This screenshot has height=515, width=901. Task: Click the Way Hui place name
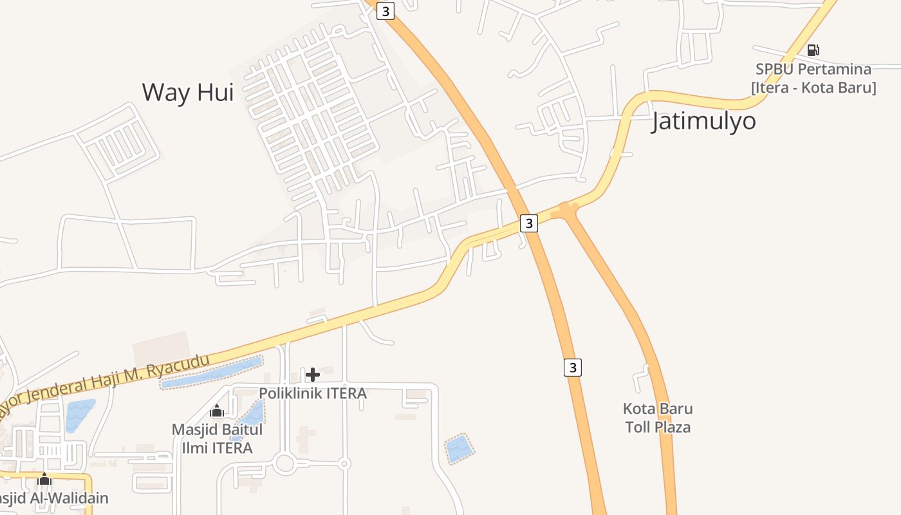coord(187,92)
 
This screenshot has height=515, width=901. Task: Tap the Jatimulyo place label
coord(703,120)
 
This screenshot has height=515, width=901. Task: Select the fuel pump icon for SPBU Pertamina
coord(813,50)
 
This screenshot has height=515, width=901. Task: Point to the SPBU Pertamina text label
coord(813,69)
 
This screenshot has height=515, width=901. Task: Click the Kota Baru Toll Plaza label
coord(658,418)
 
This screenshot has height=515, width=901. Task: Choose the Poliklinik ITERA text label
coord(313,393)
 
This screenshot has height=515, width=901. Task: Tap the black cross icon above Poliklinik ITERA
coord(313,375)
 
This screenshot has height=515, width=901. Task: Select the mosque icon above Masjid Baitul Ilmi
coord(217,411)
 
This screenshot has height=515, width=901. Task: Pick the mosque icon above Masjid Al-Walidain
coord(44,479)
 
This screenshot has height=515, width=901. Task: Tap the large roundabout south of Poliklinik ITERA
coord(284,462)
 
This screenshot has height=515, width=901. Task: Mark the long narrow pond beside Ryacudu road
coord(211,373)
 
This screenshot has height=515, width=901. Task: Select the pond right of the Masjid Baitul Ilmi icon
coord(252,416)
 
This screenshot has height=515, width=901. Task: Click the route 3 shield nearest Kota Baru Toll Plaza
coord(572,367)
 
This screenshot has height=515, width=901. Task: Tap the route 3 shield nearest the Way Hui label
coord(385,11)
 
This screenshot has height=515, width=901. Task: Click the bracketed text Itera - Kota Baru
coord(813,87)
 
